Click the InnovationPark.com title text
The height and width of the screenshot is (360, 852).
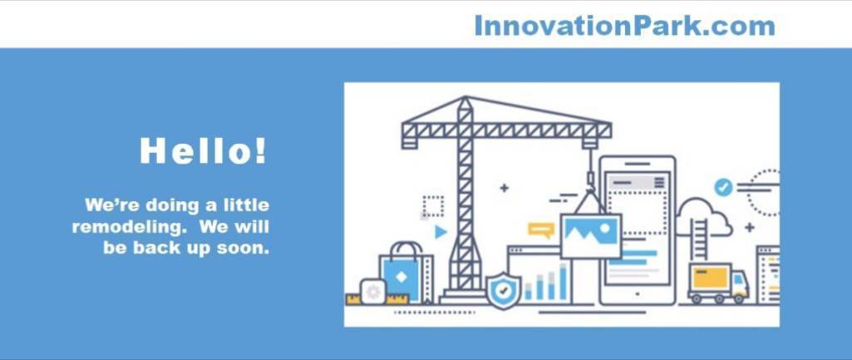click(x=624, y=26)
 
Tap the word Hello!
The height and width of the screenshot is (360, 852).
click(x=204, y=150)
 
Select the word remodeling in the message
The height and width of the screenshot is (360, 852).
click(x=131, y=226)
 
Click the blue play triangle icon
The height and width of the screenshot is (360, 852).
click(x=441, y=232)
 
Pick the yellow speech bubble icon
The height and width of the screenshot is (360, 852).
click(x=540, y=229)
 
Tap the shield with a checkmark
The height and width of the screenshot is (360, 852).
click(x=504, y=290)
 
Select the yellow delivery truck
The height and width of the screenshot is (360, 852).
click(x=718, y=283)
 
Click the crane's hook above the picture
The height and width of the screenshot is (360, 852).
click(x=590, y=180)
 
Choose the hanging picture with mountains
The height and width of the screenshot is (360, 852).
click(x=591, y=235)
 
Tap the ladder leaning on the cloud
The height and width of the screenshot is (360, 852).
click(x=700, y=239)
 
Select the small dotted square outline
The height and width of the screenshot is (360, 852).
click(x=433, y=207)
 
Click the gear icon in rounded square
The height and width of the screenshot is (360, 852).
click(x=373, y=292)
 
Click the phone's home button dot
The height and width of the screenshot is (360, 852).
click(x=638, y=294)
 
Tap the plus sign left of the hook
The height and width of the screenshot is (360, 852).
click(x=505, y=188)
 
